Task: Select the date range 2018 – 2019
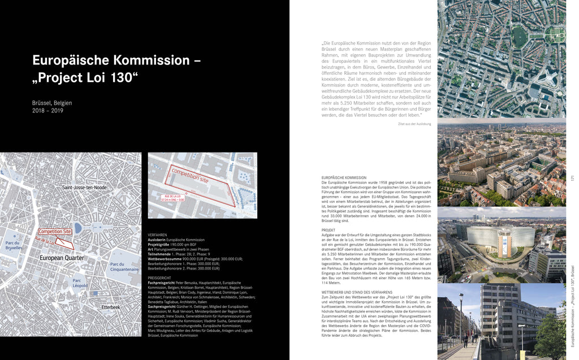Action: coord(48,111)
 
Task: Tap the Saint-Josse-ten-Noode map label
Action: coord(84,188)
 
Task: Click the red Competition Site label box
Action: coord(55,232)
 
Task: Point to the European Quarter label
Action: coord(62,258)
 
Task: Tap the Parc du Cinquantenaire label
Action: coord(124,267)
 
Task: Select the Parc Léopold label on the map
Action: coord(80,283)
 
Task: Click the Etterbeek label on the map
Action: coord(110,307)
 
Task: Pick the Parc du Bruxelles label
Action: coord(14,245)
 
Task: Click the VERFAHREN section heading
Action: coord(157,235)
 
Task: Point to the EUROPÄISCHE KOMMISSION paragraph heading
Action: coord(344,178)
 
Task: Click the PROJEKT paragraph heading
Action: coord(329,231)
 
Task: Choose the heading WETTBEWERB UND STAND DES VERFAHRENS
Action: coord(357,292)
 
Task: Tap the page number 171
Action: coord(573,179)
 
